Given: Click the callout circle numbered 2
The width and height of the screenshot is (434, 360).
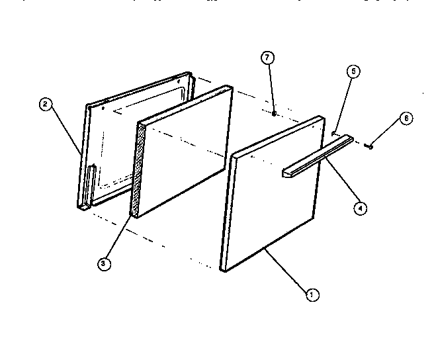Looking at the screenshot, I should coord(45,104).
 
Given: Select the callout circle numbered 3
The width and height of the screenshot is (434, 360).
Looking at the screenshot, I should coord(103,264).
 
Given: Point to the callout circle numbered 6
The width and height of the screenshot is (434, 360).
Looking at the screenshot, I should coord(406,118).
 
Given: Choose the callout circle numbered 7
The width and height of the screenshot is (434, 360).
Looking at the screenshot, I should coord(267,58).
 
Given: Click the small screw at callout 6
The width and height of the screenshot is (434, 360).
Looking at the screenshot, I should coord(370,146).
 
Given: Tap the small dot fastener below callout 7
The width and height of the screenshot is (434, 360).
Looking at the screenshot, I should coord(273,114).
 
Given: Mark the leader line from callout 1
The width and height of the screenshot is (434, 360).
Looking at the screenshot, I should coord(284,271).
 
